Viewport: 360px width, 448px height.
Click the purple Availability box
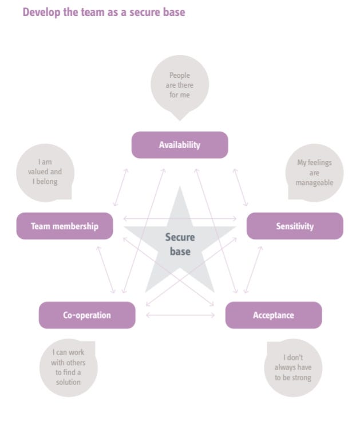click(x=180, y=145)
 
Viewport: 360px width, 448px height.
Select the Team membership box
click(x=65, y=226)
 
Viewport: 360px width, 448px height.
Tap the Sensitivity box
click(x=295, y=226)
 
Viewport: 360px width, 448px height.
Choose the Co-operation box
click(x=87, y=315)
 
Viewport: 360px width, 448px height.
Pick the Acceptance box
click(x=274, y=315)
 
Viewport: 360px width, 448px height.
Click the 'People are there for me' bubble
click(x=180, y=85)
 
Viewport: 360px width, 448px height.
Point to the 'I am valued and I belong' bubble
click(x=45, y=172)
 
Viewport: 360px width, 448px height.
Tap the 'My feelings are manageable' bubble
click(x=314, y=172)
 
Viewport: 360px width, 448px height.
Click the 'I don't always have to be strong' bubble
click(x=293, y=368)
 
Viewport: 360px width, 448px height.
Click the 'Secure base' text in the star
click(x=180, y=244)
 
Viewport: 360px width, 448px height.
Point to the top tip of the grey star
click(x=180, y=188)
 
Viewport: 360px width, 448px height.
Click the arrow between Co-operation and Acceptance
click(x=180, y=315)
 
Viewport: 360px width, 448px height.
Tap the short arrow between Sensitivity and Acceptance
click(x=253, y=269)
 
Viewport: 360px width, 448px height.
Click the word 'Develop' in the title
click(x=42, y=12)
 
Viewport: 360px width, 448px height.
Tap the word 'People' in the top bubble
click(x=180, y=76)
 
